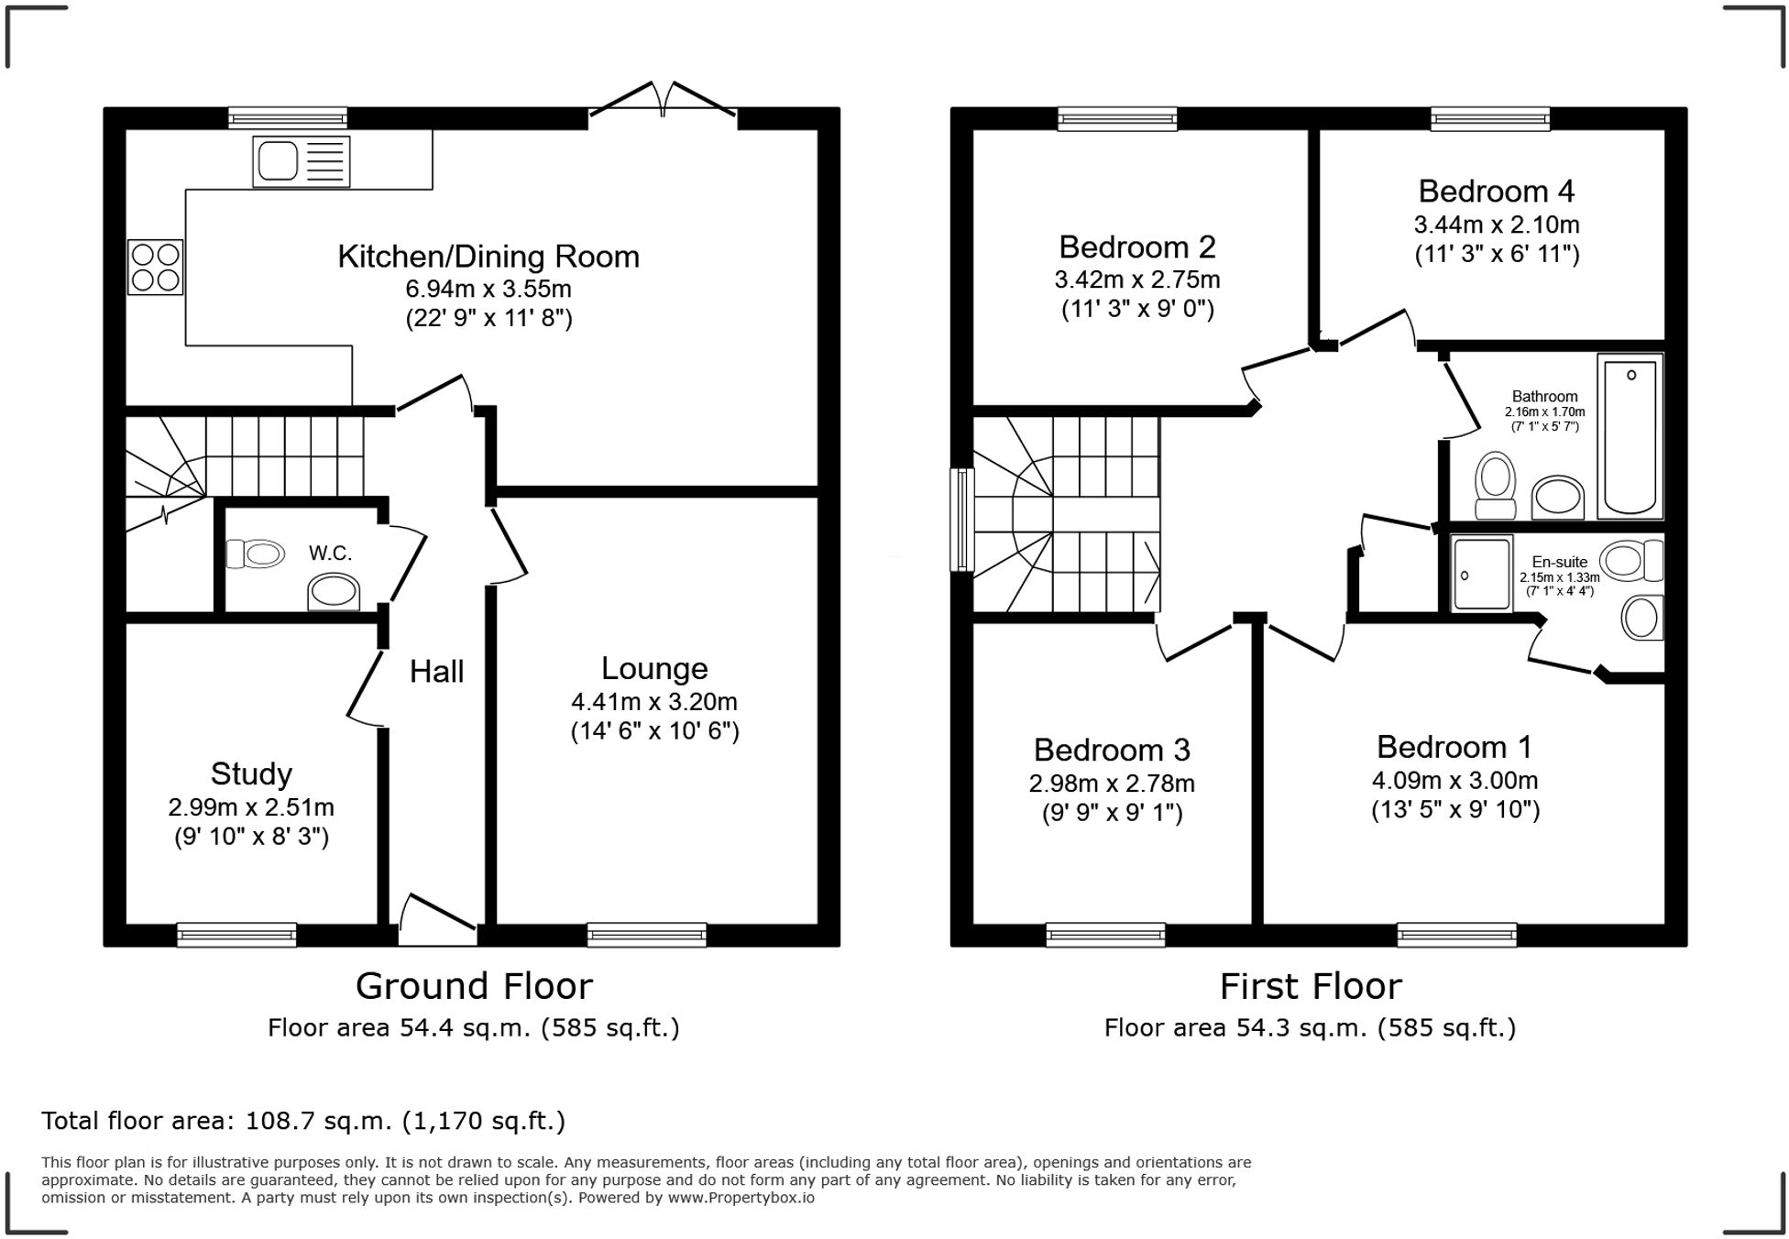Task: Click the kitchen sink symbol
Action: [x=301, y=162]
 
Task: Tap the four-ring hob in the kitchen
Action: [x=155, y=267]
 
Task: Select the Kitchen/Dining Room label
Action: [x=488, y=257]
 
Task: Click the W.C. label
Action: [x=330, y=554]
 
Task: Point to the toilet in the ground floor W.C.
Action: [x=256, y=554]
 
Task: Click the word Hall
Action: [x=436, y=672]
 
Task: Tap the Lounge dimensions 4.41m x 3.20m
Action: [x=654, y=702]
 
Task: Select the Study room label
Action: [x=251, y=774]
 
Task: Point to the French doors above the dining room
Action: [x=663, y=101]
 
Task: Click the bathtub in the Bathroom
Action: [x=1630, y=436]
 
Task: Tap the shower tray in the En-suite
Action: [x=1481, y=574]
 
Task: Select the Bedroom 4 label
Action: [x=1496, y=192]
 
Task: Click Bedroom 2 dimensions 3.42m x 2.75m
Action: [x=1137, y=280]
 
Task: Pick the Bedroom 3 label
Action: [x=1112, y=751]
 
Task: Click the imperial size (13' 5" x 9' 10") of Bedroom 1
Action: [x=1455, y=810]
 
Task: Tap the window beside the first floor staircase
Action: [x=961, y=520]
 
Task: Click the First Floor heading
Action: [x=1311, y=987]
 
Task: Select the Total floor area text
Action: [x=303, y=1121]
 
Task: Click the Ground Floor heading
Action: [x=474, y=987]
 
